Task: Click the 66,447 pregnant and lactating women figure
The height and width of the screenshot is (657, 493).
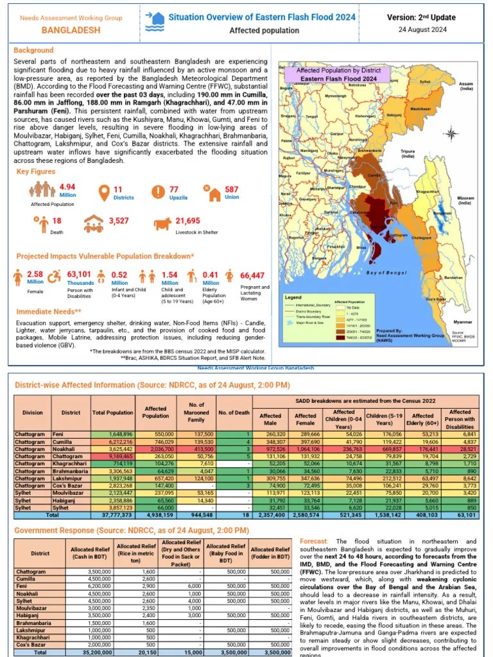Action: (252, 275)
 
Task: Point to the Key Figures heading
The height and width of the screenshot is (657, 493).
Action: (35, 172)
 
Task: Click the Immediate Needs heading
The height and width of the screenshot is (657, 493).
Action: (43, 311)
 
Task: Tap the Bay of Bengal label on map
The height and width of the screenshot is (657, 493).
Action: (386, 273)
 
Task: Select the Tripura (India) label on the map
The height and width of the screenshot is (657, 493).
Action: (408, 153)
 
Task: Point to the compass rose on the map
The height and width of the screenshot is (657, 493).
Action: (451, 134)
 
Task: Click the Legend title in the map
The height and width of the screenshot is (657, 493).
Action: (293, 298)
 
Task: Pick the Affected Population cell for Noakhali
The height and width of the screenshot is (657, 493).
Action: (156, 450)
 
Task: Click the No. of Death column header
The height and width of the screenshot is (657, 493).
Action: (233, 413)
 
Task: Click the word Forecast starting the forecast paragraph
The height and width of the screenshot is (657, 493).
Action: (313, 542)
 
